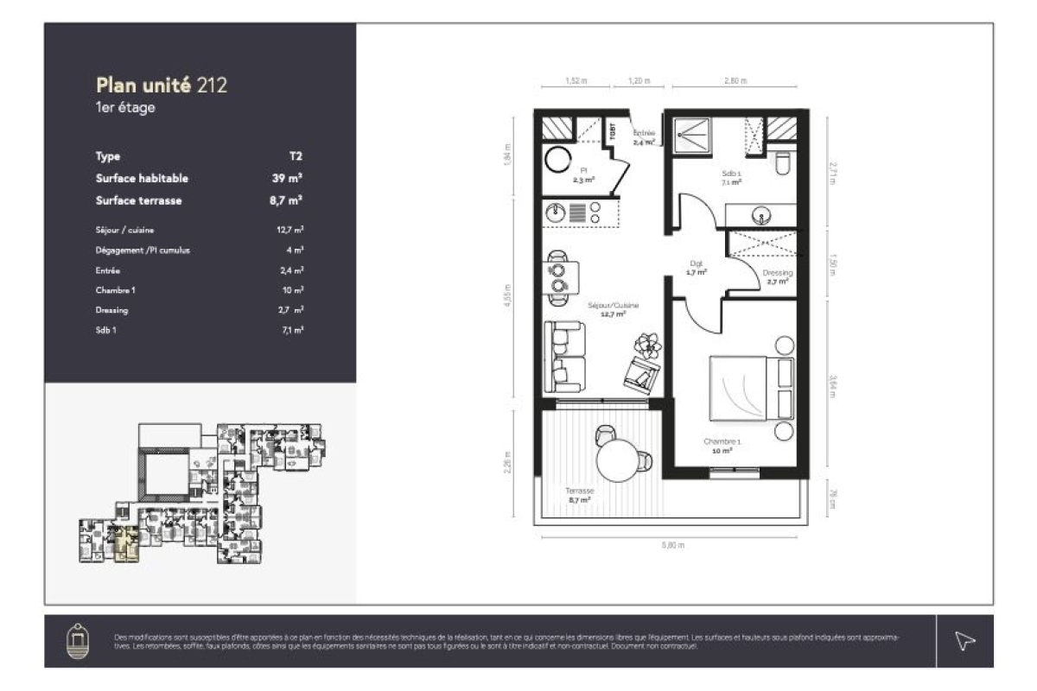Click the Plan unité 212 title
[162, 85]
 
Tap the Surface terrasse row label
[138, 200]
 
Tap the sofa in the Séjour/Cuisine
[564, 356]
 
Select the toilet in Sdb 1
[784, 163]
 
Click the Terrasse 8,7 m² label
[580, 495]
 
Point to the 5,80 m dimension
[672, 545]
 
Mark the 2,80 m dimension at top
[735, 80]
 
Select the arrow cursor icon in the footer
[964, 640]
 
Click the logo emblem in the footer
[76, 640]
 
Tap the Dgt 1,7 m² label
[697, 269]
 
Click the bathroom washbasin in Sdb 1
[762, 213]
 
